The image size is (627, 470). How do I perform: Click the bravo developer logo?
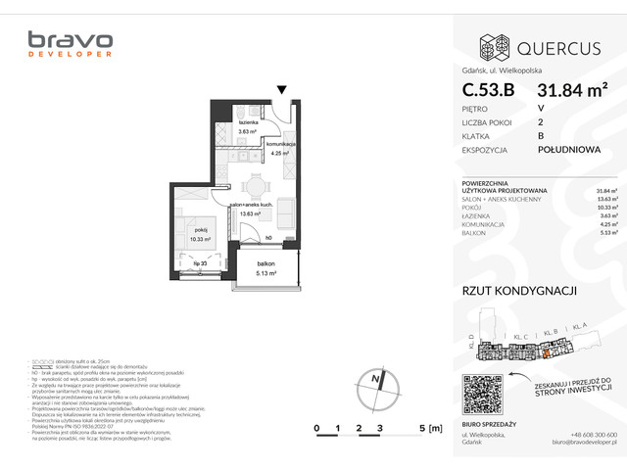[70, 45]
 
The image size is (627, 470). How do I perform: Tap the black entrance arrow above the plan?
[282, 91]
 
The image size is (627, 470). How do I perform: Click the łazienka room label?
[247, 123]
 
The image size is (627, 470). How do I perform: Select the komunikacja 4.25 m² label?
[282, 148]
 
